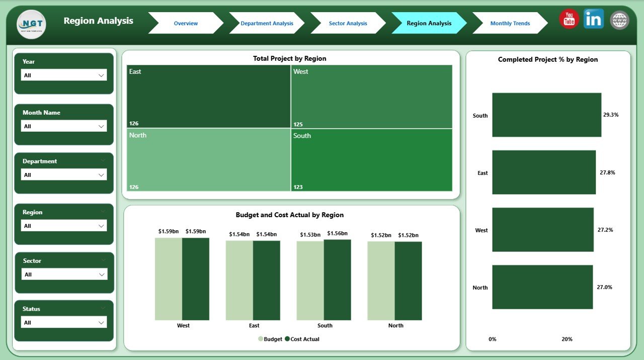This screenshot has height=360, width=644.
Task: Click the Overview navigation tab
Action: [x=185, y=23]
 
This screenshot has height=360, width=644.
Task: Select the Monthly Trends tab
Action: [x=510, y=23]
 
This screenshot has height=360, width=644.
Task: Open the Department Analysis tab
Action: [x=267, y=23]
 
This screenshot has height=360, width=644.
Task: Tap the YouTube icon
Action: [x=569, y=20]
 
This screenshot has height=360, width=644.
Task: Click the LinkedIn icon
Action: [x=594, y=19]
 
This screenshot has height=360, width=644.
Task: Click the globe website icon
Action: [x=619, y=20]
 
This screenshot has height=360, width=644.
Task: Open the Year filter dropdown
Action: [x=64, y=75]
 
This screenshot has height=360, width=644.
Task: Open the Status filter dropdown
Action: [x=64, y=323]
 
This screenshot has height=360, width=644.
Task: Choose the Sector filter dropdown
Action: [x=64, y=275]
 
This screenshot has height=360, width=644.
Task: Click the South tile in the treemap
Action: [x=371, y=160]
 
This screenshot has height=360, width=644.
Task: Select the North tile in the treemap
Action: [x=208, y=160]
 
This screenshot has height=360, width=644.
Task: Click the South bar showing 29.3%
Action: [x=546, y=115]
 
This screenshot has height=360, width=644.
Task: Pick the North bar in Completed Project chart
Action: [x=542, y=287]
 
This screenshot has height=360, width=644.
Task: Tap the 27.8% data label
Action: [x=607, y=172]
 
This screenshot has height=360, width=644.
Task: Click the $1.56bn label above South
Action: [x=337, y=234]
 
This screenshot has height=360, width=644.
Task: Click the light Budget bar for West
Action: [x=169, y=279]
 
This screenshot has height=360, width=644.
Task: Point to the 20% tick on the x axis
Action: [x=567, y=339]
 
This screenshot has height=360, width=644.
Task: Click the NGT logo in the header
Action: [x=31, y=24]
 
